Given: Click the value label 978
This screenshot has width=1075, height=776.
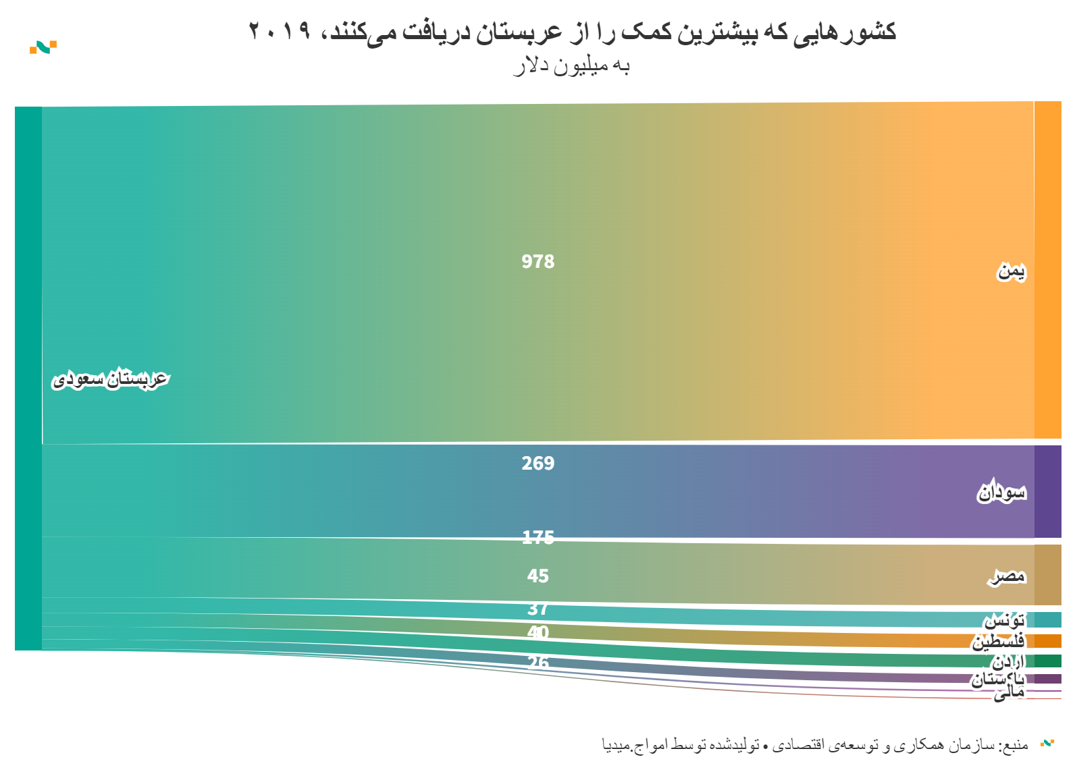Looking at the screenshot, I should pyautogui.click(x=537, y=262).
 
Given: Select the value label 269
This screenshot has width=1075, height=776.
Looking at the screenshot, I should pyautogui.click(x=537, y=464).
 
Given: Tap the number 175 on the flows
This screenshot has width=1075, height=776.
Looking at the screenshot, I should pyautogui.click(x=537, y=537).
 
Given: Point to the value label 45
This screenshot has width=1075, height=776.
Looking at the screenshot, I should pyautogui.click(x=537, y=576).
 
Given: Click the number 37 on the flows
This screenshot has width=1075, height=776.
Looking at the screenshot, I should pyautogui.click(x=537, y=609).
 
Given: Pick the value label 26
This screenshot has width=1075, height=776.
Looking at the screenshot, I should pyautogui.click(x=537, y=663).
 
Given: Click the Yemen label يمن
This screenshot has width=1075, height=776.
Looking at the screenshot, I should pyautogui.click(x=1011, y=271).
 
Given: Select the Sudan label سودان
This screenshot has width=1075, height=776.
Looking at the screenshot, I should pyautogui.click(x=1001, y=493).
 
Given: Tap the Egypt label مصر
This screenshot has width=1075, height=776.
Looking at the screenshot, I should pyautogui.click(x=1007, y=576).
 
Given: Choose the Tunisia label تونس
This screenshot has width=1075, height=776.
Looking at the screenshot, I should pyautogui.click(x=1004, y=619).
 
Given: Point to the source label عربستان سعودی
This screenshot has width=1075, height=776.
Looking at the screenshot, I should pyautogui.click(x=110, y=379).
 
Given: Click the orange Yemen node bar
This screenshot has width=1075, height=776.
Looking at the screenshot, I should pyautogui.click(x=1047, y=270).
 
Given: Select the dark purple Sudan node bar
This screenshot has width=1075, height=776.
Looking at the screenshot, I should pyautogui.click(x=1047, y=491).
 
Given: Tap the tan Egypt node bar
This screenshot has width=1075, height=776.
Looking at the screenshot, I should pyautogui.click(x=1047, y=575).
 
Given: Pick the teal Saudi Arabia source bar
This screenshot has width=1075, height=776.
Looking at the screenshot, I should pyautogui.click(x=28, y=378).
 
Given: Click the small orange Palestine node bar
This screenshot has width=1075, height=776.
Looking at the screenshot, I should pyautogui.click(x=1047, y=641).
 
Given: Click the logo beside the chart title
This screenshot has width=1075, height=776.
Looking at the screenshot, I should pyautogui.click(x=43, y=47).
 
